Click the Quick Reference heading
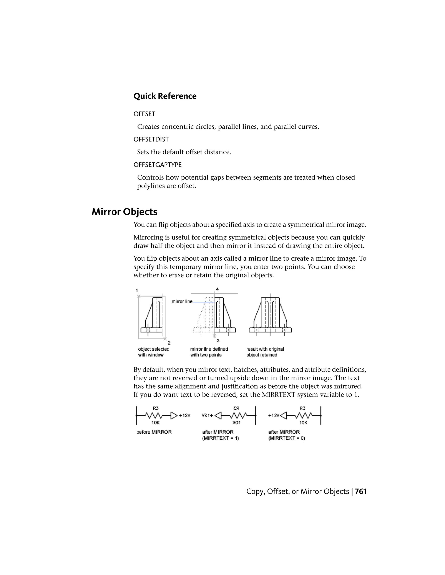pyautogui.click(x=165, y=96)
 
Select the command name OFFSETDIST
pyautogui.click(x=151, y=139)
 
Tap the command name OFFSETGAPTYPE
pyautogui.click(x=157, y=165)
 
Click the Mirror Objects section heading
pyautogui.click(x=125, y=212)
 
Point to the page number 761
pyautogui.click(x=361, y=491)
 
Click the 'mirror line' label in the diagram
pyautogui.click(x=182, y=301)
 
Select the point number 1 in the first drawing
pyautogui.click(x=137, y=290)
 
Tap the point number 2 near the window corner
pyautogui.click(x=169, y=343)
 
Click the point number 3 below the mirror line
pyautogui.click(x=218, y=341)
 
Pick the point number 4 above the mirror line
pyautogui.click(x=217, y=289)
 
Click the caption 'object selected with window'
pyautogui.click(x=153, y=352)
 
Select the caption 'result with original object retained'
pyautogui.click(x=265, y=352)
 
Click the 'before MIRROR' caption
pyautogui.click(x=154, y=432)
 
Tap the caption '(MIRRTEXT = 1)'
pyautogui.click(x=220, y=438)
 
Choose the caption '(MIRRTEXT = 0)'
pyautogui.click(x=287, y=438)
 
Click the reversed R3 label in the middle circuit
pyautogui.click(x=236, y=408)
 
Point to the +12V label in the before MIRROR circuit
pyautogui.click(x=184, y=416)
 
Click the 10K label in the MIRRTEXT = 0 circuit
pyautogui.click(x=303, y=422)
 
